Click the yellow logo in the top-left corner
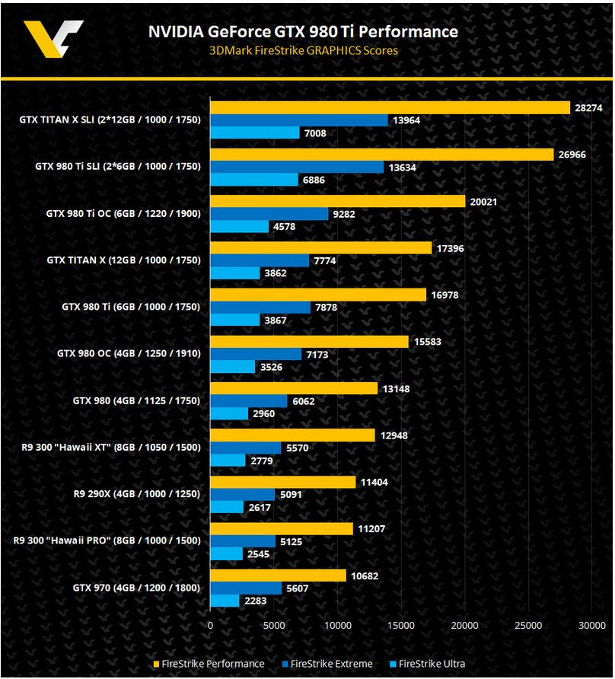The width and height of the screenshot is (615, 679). click(x=52, y=39)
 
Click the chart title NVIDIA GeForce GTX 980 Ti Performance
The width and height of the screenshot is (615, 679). click(x=302, y=31)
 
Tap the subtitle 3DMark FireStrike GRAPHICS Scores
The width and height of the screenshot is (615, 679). click(x=303, y=51)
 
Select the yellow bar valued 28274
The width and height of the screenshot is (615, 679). click(x=390, y=108)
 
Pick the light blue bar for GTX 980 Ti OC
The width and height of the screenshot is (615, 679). click(x=239, y=226)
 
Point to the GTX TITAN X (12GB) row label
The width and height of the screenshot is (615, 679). click(x=123, y=260)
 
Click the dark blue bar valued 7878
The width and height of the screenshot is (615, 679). click(x=260, y=308)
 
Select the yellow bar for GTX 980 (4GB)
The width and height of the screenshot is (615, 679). click(x=294, y=388)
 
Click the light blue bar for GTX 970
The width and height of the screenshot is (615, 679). click(x=225, y=601)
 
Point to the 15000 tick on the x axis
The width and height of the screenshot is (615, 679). click(x=401, y=625)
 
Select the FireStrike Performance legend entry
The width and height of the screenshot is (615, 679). click(x=209, y=664)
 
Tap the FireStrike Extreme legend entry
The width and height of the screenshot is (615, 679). click(x=327, y=664)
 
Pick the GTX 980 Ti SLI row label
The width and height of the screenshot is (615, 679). click(x=118, y=167)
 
